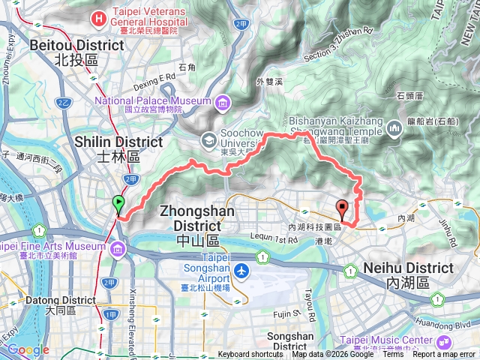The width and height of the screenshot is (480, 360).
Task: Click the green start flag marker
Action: click(x=118, y=202)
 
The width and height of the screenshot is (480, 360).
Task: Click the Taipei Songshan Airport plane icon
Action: click(x=241, y=270)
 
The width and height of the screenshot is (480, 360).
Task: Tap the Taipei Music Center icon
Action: click(x=350, y=341)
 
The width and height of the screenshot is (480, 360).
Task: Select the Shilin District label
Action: click(x=118, y=148)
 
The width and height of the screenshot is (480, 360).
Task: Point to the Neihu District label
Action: click(x=408, y=274)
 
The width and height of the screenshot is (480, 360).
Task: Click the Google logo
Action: click(x=28, y=349)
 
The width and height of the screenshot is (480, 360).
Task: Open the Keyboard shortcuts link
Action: click(x=250, y=355)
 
